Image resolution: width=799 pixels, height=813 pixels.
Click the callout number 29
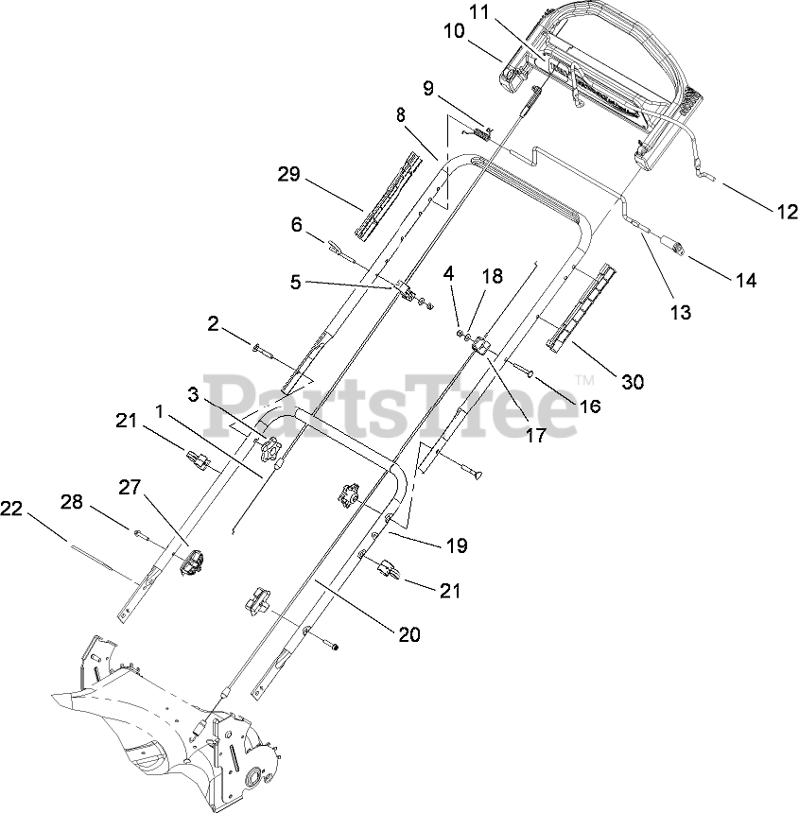coord(288,174)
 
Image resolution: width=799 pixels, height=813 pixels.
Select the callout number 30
coord(632,381)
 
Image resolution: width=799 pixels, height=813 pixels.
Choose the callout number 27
coord(130,488)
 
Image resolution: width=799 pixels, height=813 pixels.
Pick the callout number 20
coord(408,635)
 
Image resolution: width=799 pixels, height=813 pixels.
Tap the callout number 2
coord(215,324)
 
